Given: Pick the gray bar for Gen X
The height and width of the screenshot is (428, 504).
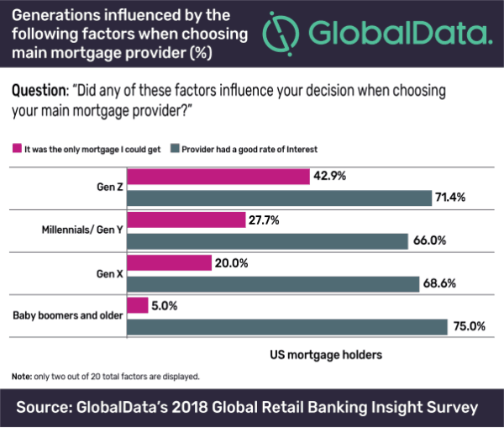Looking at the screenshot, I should pyautogui.click(x=272, y=284).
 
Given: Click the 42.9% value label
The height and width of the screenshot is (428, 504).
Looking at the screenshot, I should pyautogui.click(x=329, y=177).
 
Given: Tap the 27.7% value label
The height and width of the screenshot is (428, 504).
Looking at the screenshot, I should pyautogui.click(x=265, y=219).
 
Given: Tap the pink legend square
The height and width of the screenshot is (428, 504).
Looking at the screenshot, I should pyautogui.click(x=15, y=149).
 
